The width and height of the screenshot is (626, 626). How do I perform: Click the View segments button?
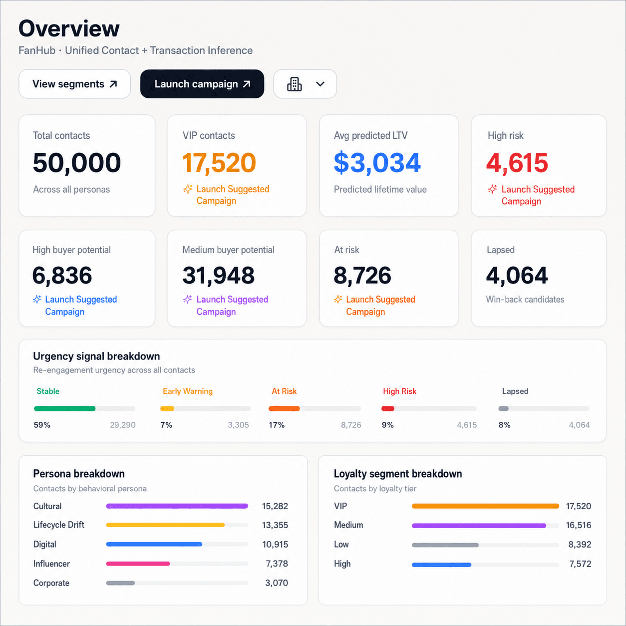click(x=75, y=84)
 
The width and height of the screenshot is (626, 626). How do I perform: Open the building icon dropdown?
click(x=305, y=84)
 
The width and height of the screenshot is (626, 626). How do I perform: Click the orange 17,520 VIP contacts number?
click(x=219, y=162)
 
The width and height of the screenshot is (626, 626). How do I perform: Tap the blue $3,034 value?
click(x=377, y=162)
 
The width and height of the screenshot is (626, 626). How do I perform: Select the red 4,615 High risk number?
click(x=517, y=162)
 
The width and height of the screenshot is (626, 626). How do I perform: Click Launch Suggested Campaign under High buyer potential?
click(x=75, y=306)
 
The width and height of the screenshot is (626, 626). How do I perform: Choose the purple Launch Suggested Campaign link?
click(x=226, y=306)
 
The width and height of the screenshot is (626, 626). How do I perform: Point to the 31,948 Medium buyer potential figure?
click(x=218, y=275)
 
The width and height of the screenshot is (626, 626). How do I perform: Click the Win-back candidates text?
click(x=525, y=299)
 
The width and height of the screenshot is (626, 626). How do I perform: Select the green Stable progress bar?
click(x=64, y=408)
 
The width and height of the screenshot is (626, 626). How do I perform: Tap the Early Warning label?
click(x=188, y=391)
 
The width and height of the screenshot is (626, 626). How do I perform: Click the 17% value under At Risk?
click(x=277, y=425)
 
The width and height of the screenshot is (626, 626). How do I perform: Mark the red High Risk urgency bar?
click(x=388, y=408)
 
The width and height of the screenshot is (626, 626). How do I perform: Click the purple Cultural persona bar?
click(x=177, y=506)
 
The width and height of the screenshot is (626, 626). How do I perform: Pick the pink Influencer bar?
click(x=138, y=564)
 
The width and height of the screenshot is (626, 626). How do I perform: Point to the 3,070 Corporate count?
click(x=277, y=583)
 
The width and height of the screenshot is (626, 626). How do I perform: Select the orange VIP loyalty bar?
click(x=485, y=506)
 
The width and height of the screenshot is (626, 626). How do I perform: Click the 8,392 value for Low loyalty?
click(x=580, y=545)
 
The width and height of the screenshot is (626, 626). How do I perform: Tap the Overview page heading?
click(x=69, y=28)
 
